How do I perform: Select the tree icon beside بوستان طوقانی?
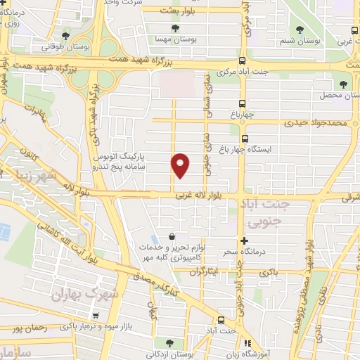tap(66, 35)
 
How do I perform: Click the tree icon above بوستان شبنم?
tap(300, 30)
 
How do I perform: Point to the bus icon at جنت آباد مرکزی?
tap(243, 61)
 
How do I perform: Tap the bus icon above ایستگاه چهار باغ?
tap(245, 139)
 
